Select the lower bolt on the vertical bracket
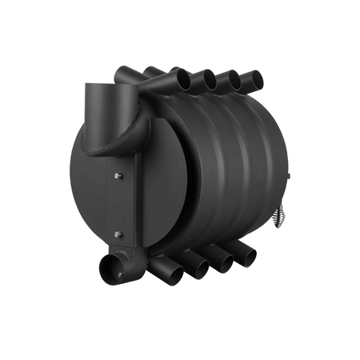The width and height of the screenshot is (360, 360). [118, 234]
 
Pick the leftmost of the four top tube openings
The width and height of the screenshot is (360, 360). [183, 80]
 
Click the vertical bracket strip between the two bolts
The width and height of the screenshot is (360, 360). [118, 205]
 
